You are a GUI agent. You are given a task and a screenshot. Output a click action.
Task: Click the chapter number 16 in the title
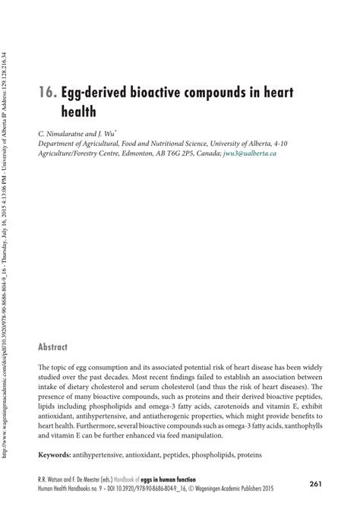click(x=45, y=95)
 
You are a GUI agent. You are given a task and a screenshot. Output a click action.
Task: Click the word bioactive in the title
click(x=152, y=95)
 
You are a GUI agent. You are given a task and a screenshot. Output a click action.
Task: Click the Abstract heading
click(x=53, y=346)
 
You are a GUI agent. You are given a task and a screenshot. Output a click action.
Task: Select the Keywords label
click(x=59, y=455)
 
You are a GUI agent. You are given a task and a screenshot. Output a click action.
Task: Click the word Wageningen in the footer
click(x=251, y=490)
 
